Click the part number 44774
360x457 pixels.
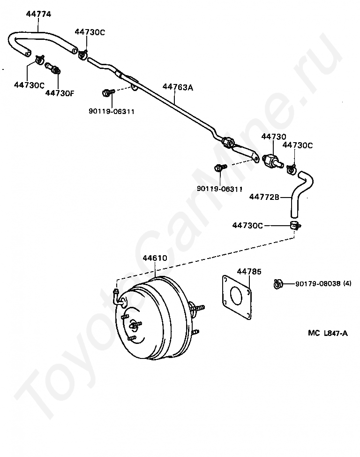(38, 15)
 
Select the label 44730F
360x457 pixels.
(60, 93)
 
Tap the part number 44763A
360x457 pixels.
(178, 87)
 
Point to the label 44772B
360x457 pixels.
(264, 197)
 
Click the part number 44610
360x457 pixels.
(155, 258)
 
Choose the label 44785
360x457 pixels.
(249, 271)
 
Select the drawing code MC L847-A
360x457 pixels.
(328, 333)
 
